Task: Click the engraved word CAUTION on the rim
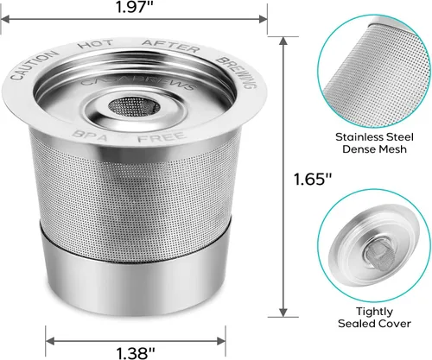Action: pos(32,72)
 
